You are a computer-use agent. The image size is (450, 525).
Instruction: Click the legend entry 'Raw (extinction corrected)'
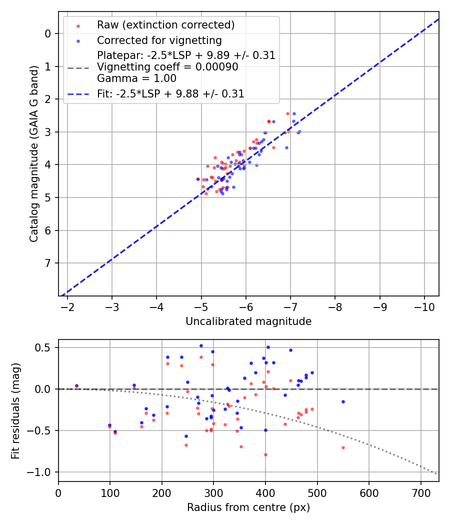pyautogui.click(x=165, y=25)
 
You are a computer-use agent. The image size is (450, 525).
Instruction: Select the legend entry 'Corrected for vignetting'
pyautogui.click(x=159, y=40)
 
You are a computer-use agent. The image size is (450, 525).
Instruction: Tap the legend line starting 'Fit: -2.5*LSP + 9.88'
pyautogui.click(x=170, y=93)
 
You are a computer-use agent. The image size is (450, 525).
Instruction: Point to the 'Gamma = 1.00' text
pyautogui.click(x=136, y=78)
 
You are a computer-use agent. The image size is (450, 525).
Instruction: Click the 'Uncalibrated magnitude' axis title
pyautogui.click(x=248, y=321)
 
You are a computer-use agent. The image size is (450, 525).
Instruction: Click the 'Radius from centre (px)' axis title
pyautogui.click(x=248, y=507)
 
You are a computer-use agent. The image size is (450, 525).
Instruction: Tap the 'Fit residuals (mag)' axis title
pyautogui.click(x=15, y=410)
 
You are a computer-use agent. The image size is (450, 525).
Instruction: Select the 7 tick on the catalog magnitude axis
pyautogui.click(x=48, y=263)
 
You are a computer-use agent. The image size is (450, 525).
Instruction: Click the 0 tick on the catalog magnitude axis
pyautogui.click(x=48, y=33)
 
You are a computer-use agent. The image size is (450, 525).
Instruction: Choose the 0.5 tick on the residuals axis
pyautogui.click(x=47, y=347)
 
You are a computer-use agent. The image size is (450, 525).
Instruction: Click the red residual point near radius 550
pyautogui.click(x=343, y=447)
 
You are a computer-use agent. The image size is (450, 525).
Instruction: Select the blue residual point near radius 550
pyautogui.click(x=343, y=401)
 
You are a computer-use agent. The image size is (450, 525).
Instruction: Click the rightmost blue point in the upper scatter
pyautogui.click(x=299, y=132)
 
